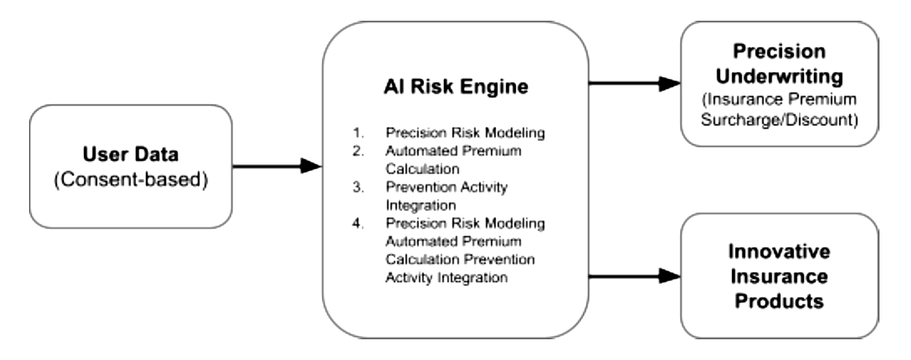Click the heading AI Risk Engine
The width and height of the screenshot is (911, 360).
click(456, 86)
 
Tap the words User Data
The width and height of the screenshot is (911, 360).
click(131, 154)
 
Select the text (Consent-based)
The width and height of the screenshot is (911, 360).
click(131, 180)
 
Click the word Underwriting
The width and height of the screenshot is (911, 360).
click(779, 76)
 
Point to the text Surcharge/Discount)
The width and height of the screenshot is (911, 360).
click(779, 119)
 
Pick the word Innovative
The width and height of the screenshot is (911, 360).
click(779, 251)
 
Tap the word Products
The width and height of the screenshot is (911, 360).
click(779, 301)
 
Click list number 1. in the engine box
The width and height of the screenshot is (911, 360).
click(358, 133)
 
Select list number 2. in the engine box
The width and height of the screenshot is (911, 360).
click(358, 151)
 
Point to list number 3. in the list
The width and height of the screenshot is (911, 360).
click(358, 187)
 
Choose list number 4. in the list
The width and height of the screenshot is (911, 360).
click(358, 223)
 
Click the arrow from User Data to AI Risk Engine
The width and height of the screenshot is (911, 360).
click(277, 166)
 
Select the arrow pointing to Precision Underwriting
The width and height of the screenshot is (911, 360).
click(635, 84)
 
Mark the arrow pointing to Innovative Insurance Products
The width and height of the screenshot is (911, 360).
click(635, 276)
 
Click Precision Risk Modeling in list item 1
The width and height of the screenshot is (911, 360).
click(465, 133)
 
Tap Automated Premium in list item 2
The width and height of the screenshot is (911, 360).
click(453, 151)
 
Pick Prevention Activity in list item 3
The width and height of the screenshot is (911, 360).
click(446, 187)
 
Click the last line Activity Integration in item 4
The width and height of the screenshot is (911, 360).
click(446, 278)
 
